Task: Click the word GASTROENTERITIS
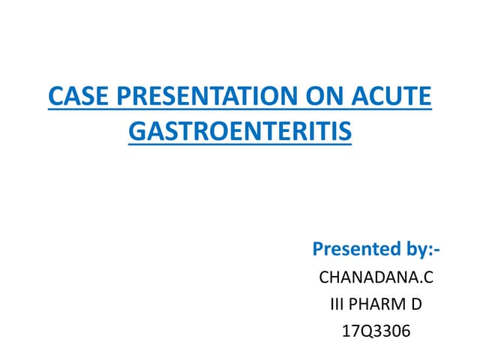pyautogui.click(x=240, y=132)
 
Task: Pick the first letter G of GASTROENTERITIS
pyautogui.click(x=137, y=132)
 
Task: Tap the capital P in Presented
pyautogui.click(x=318, y=248)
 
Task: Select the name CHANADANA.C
pyautogui.click(x=376, y=278)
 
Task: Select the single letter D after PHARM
pyautogui.click(x=416, y=304)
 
